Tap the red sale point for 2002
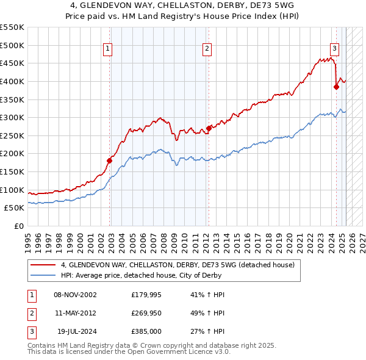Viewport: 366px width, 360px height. [x=110, y=160]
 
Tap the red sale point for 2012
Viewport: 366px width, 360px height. [x=209, y=128]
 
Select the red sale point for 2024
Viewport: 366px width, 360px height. [x=336, y=87]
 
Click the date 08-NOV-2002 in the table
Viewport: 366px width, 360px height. [x=76, y=295]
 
